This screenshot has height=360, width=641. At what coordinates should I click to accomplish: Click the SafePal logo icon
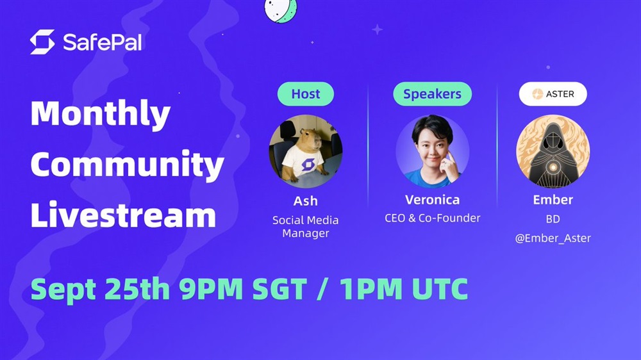(x=42, y=42)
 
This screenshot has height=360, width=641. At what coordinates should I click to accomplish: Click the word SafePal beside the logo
(x=102, y=42)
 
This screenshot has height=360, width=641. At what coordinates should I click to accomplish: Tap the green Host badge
(x=306, y=94)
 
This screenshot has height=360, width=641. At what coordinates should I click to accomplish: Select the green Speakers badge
(x=432, y=94)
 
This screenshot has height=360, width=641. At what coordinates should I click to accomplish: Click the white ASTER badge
(x=553, y=94)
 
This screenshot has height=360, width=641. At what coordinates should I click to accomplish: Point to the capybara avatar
(x=306, y=151)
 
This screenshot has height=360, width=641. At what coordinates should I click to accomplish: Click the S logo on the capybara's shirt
(x=308, y=164)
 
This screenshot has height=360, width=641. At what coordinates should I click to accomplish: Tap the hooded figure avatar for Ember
(x=553, y=151)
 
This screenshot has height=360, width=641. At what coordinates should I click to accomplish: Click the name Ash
(x=305, y=200)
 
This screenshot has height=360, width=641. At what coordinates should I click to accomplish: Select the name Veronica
(x=432, y=200)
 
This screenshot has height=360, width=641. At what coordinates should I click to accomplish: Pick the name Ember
(x=553, y=200)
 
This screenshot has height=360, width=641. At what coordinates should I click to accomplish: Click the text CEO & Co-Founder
(x=432, y=218)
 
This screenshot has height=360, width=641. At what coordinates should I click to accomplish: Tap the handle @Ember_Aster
(x=553, y=238)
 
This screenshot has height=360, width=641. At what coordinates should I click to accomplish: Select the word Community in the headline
(x=127, y=165)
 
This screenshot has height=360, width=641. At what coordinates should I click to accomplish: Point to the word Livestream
(x=124, y=215)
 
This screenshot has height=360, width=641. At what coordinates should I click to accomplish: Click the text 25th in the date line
(x=137, y=290)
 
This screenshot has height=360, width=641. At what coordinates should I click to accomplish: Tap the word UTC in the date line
(x=440, y=290)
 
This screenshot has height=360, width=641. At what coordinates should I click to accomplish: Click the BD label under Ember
(x=553, y=219)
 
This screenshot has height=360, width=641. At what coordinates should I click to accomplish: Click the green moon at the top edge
(x=281, y=10)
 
